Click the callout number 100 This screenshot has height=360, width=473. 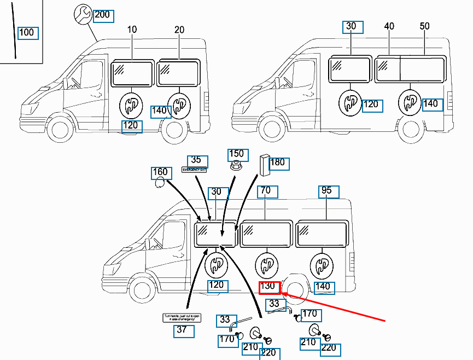click(x=27, y=33)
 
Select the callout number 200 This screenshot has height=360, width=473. click(x=102, y=15)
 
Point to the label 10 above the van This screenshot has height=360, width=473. click(x=132, y=30)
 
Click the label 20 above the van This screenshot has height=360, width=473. click(x=179, y=30)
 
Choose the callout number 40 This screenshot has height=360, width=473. click(x=389, y=26)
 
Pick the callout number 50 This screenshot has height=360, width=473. click(x=424, y=26)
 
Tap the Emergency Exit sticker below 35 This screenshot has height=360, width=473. click(x=195, y=170)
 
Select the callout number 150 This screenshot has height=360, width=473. click(x=236, y=154)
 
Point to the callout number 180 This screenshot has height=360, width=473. click(x=277, y=162)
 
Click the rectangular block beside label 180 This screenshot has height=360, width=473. click(x=264, y=165)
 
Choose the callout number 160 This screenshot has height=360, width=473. click(x=160, y=173)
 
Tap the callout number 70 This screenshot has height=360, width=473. click(x=266, y=192)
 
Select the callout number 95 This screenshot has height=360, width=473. click(x=328, y=192)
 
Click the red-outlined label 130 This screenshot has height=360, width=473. click(x=269, y=287)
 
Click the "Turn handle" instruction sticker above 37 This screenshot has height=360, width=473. click(x=179, y=318)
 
